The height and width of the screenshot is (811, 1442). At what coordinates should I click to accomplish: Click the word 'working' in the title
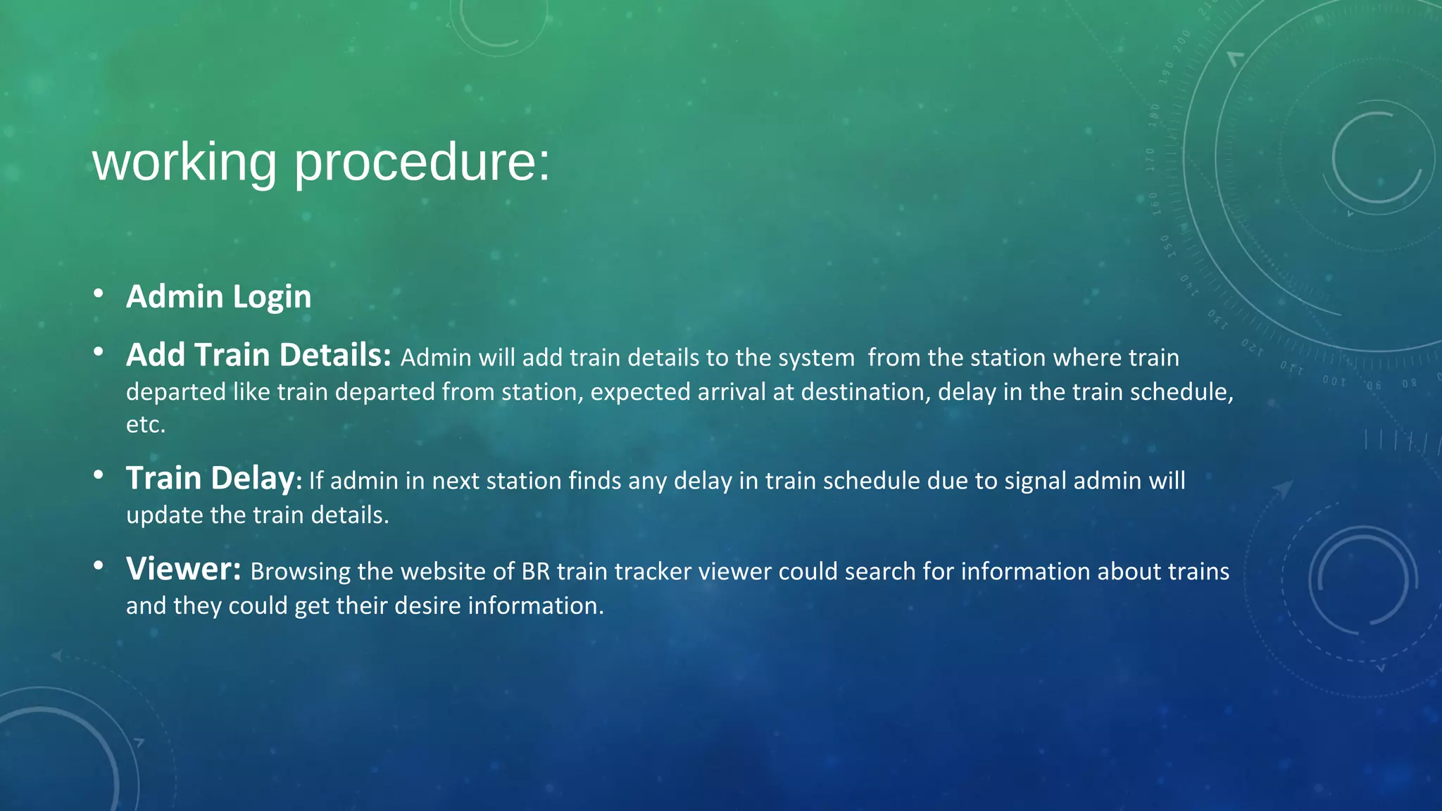(184, 163)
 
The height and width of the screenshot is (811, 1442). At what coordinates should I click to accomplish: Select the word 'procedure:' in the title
(421, 163)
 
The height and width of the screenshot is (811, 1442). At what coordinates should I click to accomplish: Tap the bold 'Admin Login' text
(218, 296)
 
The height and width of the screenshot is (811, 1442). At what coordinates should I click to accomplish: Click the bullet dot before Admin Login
(99, 293)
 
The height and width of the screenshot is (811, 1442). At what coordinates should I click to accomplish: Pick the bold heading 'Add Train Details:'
(258, 355)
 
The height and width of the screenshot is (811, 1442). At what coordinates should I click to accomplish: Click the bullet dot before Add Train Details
(99, 351)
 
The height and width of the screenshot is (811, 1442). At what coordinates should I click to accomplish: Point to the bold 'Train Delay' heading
(210, 479)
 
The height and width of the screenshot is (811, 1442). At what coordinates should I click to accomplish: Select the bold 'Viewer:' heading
(184, 569)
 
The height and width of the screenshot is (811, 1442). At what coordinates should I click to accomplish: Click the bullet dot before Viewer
(99, 565)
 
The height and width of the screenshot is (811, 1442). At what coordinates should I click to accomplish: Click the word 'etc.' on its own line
(146, 425)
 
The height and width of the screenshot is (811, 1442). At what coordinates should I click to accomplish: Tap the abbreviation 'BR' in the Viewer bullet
(535, 572)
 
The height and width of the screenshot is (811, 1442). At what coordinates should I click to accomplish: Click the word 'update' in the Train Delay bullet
(163, 515)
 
